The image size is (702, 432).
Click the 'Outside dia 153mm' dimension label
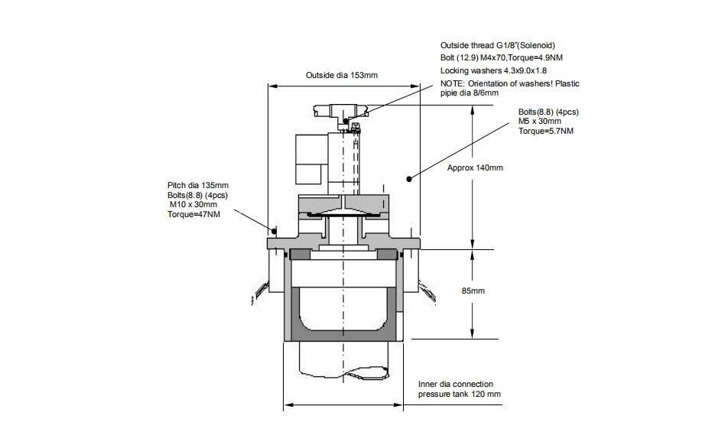tap(342, 75)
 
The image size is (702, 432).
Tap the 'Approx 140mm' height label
tap(475, 167)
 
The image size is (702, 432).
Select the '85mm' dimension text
tap(474, 291)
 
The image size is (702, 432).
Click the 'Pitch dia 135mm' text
tap(198, 185)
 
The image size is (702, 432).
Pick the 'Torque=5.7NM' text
tap(546, 132)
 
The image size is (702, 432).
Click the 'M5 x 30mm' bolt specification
tap(540, 122)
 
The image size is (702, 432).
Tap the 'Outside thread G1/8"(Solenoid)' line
tap(502, 45)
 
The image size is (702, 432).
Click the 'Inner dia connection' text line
tap(456, 384)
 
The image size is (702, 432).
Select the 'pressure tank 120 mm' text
tap(460, 394)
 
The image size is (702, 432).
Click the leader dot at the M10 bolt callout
tap(273, 229)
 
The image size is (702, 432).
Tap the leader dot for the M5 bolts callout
tap(410, 179)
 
